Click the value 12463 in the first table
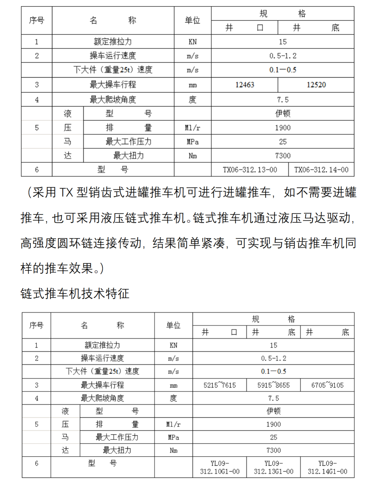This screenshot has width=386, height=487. [x=244, y=85]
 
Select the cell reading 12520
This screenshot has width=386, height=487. [x=316, y=85]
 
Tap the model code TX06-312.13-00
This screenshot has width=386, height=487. [x=250, y=170]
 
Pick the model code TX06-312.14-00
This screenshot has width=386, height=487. [x=321, y=170]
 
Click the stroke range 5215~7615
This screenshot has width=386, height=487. [x=219, y=385]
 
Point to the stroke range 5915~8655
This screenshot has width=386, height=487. [x=273, y=385]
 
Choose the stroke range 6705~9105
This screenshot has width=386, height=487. [x=327, y=385]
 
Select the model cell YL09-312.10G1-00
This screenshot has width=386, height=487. [x=219, y=467]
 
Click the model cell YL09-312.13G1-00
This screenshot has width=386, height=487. [x=273, y=467]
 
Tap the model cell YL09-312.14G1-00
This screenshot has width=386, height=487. [x=327, y=467]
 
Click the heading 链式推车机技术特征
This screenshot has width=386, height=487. [x=75, y=294]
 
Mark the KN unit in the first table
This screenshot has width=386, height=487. [x=192, y=42]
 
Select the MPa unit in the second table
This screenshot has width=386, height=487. [x=173, y=437]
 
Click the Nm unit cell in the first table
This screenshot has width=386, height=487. [x=192, y=156]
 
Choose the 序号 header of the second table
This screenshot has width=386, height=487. [x=36, y=325]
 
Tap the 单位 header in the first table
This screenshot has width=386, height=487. [x=192, y=20]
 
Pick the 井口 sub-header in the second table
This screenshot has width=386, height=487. [x=219, y=332]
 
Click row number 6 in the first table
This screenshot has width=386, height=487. [x=37, y=170]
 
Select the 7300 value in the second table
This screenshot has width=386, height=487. [x=273, y=450]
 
